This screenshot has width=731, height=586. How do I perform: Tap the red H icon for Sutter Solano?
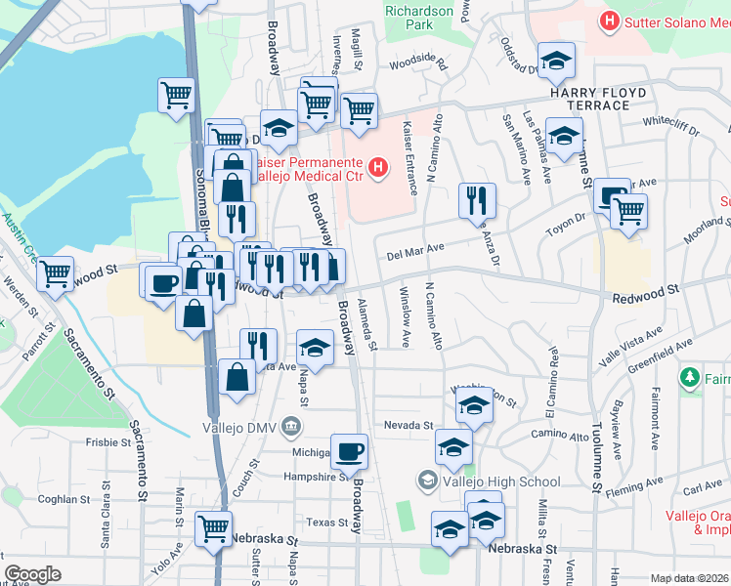click(611, 20)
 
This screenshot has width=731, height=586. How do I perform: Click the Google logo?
click(32, 574)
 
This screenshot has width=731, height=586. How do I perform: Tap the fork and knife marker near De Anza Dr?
click(477, 200)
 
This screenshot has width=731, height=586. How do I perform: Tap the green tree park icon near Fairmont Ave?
click(690, 376)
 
